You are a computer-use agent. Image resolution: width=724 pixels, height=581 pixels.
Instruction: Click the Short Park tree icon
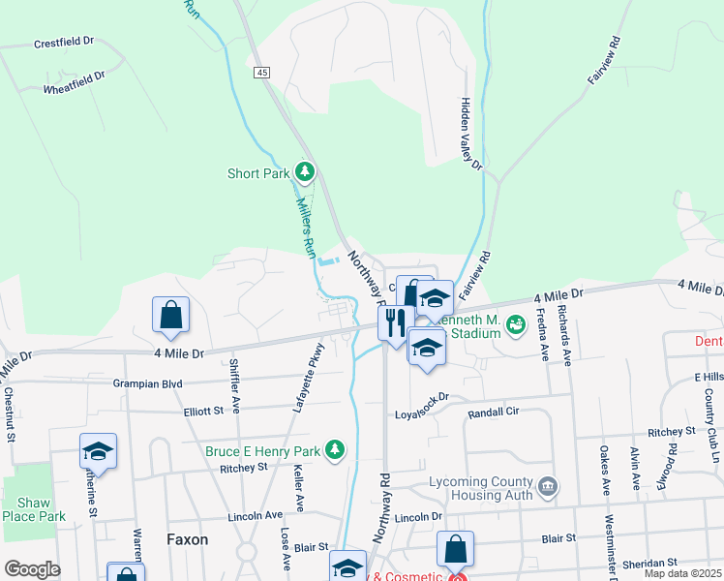pyautogui.click(x=306, y=173)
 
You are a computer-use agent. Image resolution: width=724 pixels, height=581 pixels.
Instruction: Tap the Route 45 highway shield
pyautogui.click(x=262, y=73)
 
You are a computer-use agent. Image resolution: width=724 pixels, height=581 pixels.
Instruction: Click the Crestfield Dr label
pyautogui.click(x=63, y=43)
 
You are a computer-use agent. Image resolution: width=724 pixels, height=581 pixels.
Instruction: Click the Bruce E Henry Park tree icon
pyautogui.click(x=335, y=449)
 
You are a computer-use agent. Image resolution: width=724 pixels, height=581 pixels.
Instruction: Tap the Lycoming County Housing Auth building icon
pyautogui.click(x=547, y=486)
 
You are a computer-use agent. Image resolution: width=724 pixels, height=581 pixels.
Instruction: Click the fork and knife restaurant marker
pyautogui.click(x=395, y=321)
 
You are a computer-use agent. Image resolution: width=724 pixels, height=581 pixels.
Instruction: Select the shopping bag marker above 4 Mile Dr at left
pyautogui.click(x=170, y=315)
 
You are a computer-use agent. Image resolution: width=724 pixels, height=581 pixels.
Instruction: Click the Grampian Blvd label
pyautogui.click(x=148, y=382)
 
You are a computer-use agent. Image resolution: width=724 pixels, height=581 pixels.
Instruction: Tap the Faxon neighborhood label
pyautogui.click(x=187, y=539)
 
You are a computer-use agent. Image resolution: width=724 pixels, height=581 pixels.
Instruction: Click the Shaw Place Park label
pyautogui.click(x=34, y=509)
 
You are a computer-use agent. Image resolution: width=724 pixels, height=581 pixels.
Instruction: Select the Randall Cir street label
pyautogui.click(x=494, y=412)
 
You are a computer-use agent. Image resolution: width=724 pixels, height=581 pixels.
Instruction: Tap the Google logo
pyautogui.click(x=32, y=569)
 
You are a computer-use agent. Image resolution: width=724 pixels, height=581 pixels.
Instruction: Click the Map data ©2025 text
pyautogui.click(x=682, y=573)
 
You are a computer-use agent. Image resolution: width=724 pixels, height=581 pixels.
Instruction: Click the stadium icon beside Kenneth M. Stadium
pyautogui.click(x=515, y=323)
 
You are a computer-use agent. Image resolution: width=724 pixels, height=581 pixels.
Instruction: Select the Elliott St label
pyautogui.click(x=204, y=411)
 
